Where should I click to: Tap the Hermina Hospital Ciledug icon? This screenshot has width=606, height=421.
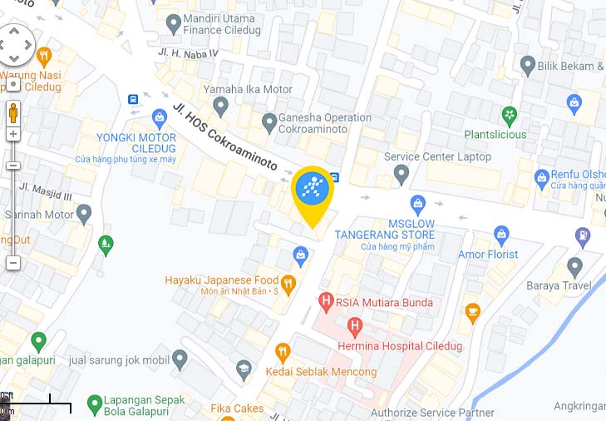click(355, 325)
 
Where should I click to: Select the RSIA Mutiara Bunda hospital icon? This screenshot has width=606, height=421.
click(327, 302)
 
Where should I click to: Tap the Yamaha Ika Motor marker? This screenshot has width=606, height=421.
click(220, 106)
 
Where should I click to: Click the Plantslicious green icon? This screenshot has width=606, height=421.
click(510, 114)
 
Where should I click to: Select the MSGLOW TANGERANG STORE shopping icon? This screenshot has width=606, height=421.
click(418, 203)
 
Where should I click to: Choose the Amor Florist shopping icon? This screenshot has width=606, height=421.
click(501, 235)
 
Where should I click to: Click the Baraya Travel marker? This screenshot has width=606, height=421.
click(574, 267)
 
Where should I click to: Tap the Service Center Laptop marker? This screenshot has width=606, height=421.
click(402, 175)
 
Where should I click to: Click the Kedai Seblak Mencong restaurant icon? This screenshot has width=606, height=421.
click(283, 353)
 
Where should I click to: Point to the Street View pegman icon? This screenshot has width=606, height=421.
click(13, 111)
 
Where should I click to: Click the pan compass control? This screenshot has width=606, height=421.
click(15, 44)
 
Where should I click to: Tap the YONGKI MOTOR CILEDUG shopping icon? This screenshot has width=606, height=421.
click(160, 117)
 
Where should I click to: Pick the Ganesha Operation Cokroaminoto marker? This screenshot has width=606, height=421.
click(269, 123)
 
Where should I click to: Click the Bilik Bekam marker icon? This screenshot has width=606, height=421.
click(527, 64)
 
